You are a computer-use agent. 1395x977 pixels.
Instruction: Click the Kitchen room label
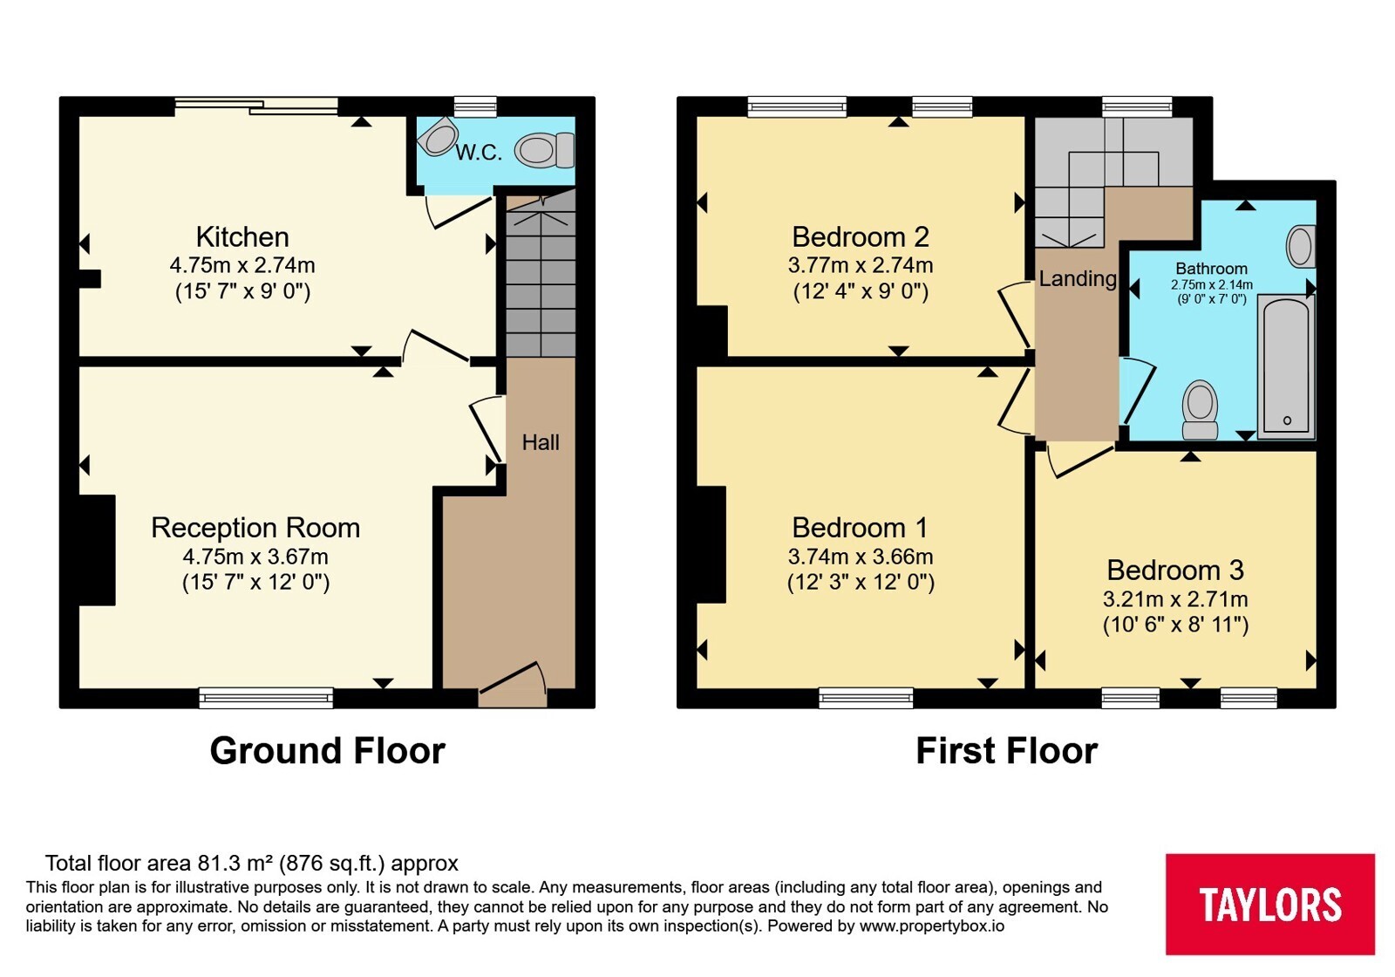[242, 237]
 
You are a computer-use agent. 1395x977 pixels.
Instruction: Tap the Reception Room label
[255, 529]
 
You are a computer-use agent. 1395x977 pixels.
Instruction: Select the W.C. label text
[479, 152]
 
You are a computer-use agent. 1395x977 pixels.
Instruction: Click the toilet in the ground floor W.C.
[544, 150]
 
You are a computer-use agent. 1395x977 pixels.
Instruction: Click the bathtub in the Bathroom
[1286, 367]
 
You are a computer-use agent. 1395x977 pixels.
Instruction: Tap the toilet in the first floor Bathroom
[1200, 409]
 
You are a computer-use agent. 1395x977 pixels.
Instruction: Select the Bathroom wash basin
[1301, 247]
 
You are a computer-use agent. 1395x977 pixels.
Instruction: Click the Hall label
[541, 442]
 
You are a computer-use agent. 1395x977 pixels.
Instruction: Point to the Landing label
[1078, 278]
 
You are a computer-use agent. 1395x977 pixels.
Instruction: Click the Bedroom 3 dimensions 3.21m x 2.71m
[1175, 599]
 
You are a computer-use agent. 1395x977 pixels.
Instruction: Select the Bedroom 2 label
[861, 237]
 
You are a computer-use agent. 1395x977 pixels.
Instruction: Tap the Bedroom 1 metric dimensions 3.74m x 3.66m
[861, 557]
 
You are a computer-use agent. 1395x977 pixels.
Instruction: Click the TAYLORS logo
[1269, 904]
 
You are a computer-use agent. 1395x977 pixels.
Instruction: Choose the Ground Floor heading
[328, 751]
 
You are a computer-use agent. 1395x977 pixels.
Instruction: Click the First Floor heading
[1006, 751]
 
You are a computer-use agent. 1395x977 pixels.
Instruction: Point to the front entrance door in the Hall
[513, 682]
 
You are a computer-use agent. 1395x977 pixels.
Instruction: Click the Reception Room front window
[266, 698]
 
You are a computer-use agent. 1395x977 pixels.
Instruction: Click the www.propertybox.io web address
[932, 926]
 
